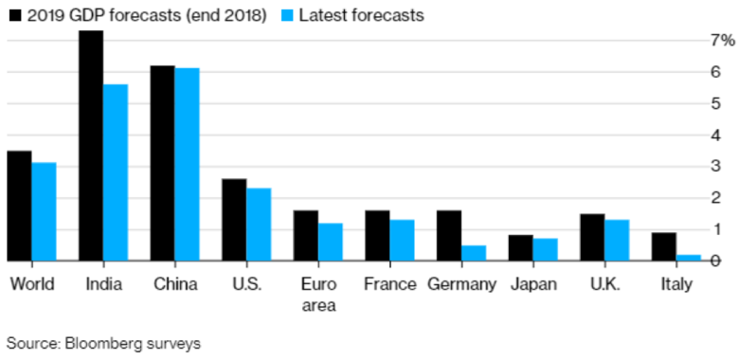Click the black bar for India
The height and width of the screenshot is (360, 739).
coord(91,146)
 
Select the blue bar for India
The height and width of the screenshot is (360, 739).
coord(116,172)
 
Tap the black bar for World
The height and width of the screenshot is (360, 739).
coord(20,206)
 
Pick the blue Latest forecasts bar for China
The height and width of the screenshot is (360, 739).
coord(187,164)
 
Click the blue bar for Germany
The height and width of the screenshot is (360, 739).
coord(473,253)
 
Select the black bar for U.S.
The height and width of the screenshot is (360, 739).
coord(234,220)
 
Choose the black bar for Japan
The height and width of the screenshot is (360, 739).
coord(520,247)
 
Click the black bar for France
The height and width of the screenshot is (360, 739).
coord(377,235)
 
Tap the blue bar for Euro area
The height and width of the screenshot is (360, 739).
coord(330,242)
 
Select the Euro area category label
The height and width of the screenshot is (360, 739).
coord(317,294)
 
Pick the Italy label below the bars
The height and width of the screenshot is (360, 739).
coord(675,283)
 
